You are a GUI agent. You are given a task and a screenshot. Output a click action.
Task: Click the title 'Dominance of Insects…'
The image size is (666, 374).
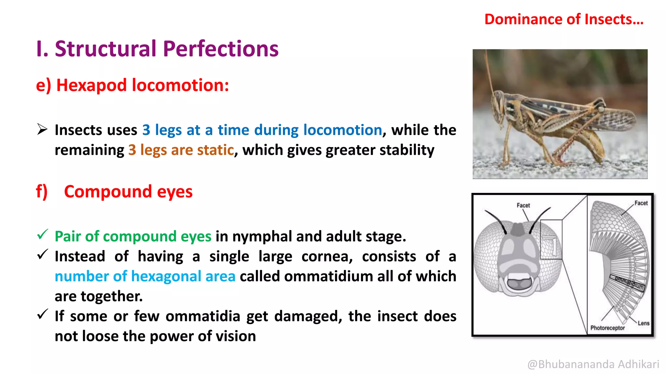(564, 19)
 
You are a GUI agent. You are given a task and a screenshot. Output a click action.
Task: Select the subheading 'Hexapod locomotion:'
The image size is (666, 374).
(142, 85)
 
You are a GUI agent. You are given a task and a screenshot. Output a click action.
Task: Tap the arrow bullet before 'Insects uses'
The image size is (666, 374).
(42, 129)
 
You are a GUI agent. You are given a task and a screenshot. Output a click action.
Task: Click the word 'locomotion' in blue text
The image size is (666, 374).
(342, 130)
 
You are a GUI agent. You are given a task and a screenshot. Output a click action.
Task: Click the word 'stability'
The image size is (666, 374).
(406, 150)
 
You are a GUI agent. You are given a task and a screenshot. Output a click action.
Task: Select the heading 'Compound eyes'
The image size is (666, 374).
(128, 192)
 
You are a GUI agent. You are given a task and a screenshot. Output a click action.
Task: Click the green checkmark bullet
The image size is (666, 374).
(43, 234)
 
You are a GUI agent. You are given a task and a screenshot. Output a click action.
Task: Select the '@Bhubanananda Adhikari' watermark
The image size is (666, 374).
(593, 364)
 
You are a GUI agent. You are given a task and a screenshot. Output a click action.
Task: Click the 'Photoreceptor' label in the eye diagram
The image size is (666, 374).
(607, 328)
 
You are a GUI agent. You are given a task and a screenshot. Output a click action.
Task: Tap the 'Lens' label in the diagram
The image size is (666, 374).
(643, 323)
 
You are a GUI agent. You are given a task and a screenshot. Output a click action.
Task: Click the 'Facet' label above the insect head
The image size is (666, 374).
(523, 206)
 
